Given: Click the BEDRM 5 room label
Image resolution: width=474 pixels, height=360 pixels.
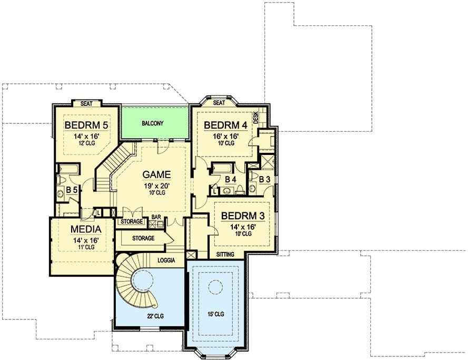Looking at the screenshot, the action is (x=86, y=124).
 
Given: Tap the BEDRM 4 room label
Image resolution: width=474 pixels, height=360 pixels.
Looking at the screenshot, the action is (x=225, y=124).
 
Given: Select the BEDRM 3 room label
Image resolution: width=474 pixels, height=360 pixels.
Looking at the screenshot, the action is (x=243, y=216).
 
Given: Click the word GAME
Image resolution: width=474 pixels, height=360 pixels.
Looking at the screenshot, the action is (x=156, y=174).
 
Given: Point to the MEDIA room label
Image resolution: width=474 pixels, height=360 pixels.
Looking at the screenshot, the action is (x=86, y=229).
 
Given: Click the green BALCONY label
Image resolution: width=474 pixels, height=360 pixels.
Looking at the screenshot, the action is (x=153, y=123).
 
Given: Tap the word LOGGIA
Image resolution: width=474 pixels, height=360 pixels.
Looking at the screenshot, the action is (x=166, y=260).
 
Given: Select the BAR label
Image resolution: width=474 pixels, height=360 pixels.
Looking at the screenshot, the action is (x=156, y=217).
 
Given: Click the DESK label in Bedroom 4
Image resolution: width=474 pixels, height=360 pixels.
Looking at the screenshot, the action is (x=256, y=118).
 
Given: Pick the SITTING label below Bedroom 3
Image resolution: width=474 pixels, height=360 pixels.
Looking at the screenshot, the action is (x=225, y=255).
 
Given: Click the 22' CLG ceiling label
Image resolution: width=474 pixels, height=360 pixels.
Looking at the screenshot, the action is (x=155, y=316).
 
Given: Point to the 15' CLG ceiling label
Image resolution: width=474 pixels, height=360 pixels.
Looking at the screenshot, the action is (x=215, y=314).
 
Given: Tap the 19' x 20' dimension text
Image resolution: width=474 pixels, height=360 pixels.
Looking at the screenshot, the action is (x=156, y=186).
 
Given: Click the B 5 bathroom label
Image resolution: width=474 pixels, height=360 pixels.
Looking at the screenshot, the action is (x=72, y=190).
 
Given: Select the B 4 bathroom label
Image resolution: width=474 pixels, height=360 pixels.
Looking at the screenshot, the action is (x=230, y=179).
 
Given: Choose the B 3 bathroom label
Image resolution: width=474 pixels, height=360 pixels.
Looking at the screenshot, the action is (x=264, y=179).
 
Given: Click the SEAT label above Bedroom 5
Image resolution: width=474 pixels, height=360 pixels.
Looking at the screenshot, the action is (x=86, y=104).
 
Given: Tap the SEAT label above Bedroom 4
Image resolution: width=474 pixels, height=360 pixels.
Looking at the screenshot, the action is (x=219, y=103).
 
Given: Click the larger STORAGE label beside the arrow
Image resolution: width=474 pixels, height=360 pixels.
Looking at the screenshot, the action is (x=143, y=238).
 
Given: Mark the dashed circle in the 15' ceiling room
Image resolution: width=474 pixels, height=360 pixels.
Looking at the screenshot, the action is (x=216, y=280).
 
